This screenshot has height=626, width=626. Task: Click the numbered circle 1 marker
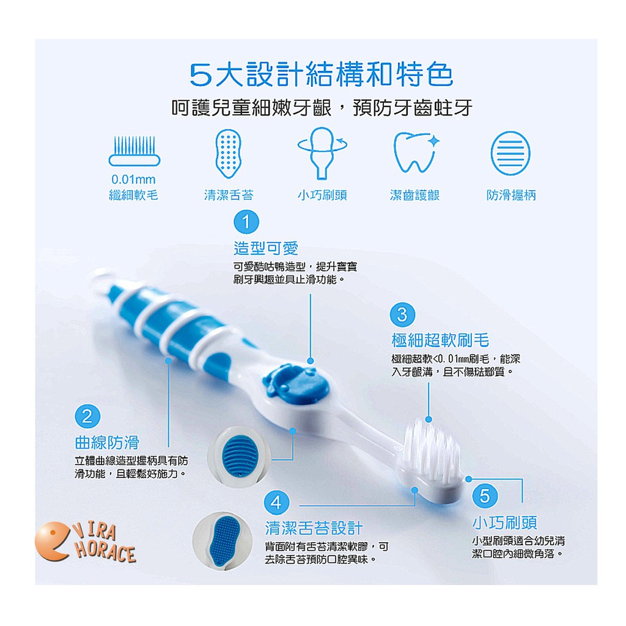pyautogui.click(x=246, y=222)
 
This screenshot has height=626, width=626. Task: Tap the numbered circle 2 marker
pyautogui.click(x=87, y=416)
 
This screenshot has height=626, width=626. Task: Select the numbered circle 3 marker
pyautogui.click(x=402, y=315)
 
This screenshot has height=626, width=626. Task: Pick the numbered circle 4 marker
pyautogui.click(x=276, y=503)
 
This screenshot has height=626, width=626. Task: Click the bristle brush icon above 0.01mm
pyautogui.click(x=134, y=151)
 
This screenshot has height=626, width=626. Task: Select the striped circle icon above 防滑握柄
pyautogui.click(x=510, y=153)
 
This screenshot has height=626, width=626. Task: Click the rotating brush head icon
pyautogui.click(x=322, y=153)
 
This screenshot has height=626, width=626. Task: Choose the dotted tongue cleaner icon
pyautogui.click(x=229, y=153)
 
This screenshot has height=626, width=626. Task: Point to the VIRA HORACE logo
pyautogui.click(x=86, y=542)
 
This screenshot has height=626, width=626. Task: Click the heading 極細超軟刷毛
pyautogui.click(x=440, y=340)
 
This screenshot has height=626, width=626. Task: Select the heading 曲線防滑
pyautogui.click(x=107, y=443)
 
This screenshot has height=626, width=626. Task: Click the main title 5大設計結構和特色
pyautogui.click(x=322, y=75)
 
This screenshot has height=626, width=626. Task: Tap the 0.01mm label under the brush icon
pyautogui.click(x=133, y=179)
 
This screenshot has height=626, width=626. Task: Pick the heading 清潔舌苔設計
pyautogui.click(x=314, y=528)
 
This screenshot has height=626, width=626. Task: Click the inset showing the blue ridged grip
pyautogui.click(x=239, y=457)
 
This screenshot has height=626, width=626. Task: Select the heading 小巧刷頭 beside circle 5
pyautogui.click(x=504, y=522)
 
